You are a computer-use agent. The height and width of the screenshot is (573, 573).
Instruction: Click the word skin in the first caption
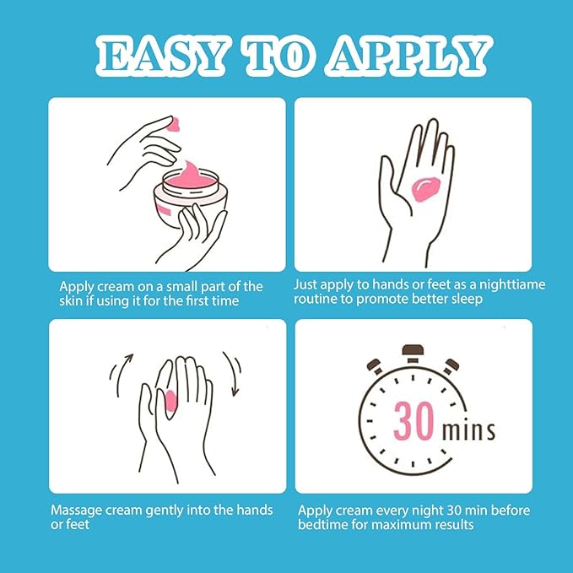click(72, 301)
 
